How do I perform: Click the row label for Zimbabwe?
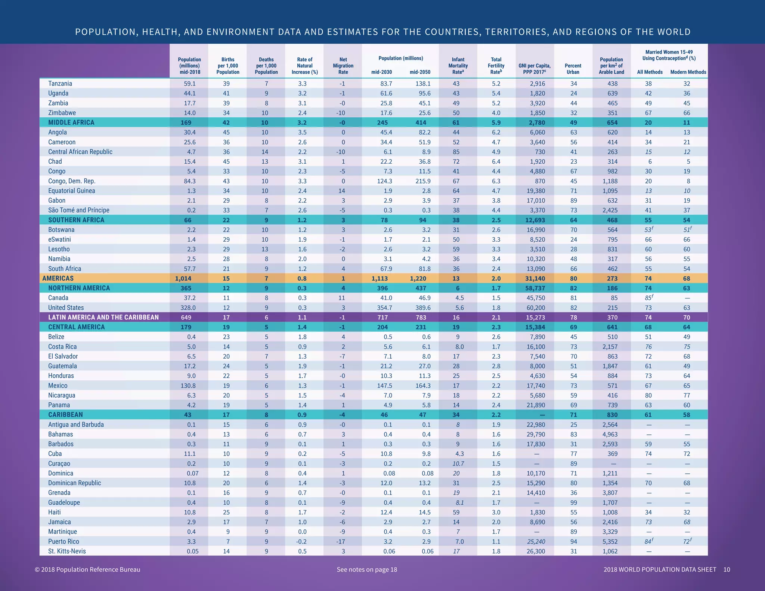62,113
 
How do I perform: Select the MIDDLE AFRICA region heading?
71,123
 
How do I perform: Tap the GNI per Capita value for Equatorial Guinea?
536,191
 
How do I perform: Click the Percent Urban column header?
573,69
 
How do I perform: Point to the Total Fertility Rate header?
496,66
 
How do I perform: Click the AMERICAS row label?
58,278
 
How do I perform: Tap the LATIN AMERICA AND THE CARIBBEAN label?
103,318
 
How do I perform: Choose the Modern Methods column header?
688,72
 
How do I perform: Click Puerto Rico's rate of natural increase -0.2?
302,542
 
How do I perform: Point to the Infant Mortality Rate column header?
458,66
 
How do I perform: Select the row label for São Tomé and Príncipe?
79,210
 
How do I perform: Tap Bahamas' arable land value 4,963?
610,434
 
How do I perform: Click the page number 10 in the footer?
727,570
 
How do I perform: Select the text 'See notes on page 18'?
367,570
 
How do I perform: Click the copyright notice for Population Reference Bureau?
87,570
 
